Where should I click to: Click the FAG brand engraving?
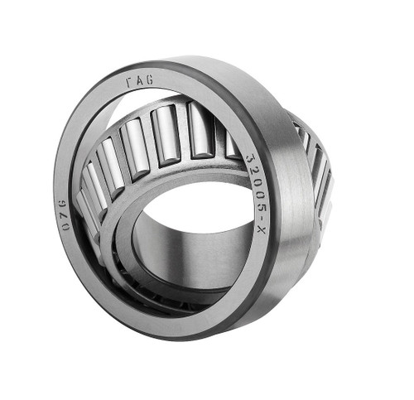(x=139, y=81)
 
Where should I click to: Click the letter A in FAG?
(x=139, y=81)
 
